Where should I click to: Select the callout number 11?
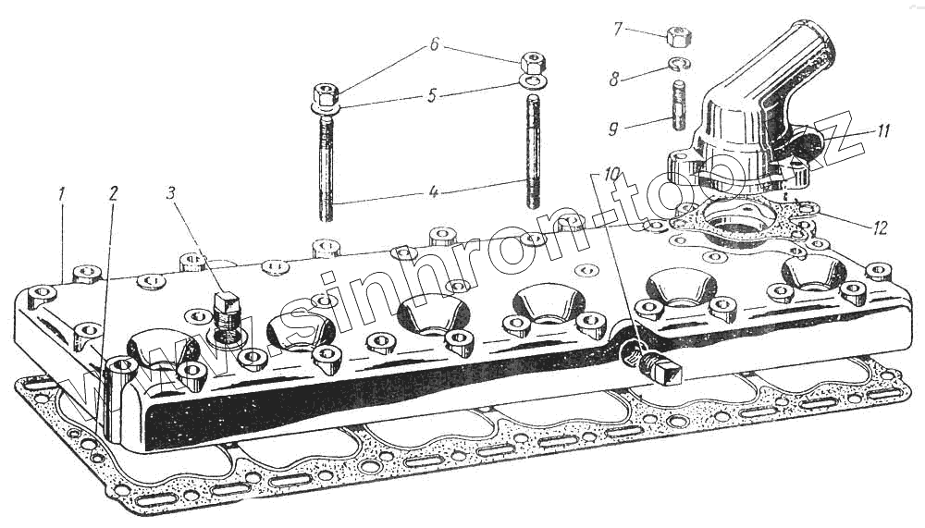[882, 131]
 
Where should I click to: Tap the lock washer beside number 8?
[678, 64]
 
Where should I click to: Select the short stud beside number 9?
[677, 106]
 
